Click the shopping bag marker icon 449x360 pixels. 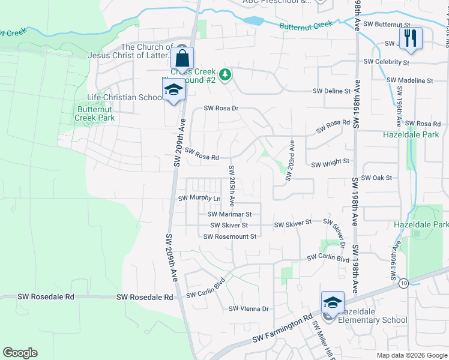coord(182,59)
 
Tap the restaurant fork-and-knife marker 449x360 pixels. coord(411,39)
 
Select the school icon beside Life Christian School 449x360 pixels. coord(173,90)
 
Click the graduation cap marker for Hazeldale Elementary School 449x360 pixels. coord(333,302)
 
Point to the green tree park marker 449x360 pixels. coord(225,75)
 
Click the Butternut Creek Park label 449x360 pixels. coord(94,113)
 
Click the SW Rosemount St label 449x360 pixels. coord(230,236)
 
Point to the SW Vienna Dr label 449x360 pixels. coord(249,309)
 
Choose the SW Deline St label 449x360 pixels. coord(331,91)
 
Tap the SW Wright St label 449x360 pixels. coord(330,162)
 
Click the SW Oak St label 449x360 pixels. coord(377,178)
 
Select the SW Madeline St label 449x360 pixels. coord(410,80)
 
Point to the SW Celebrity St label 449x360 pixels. coord(386,62)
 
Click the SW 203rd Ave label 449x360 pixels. coord(290,160)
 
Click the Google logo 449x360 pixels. coord(20,353)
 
